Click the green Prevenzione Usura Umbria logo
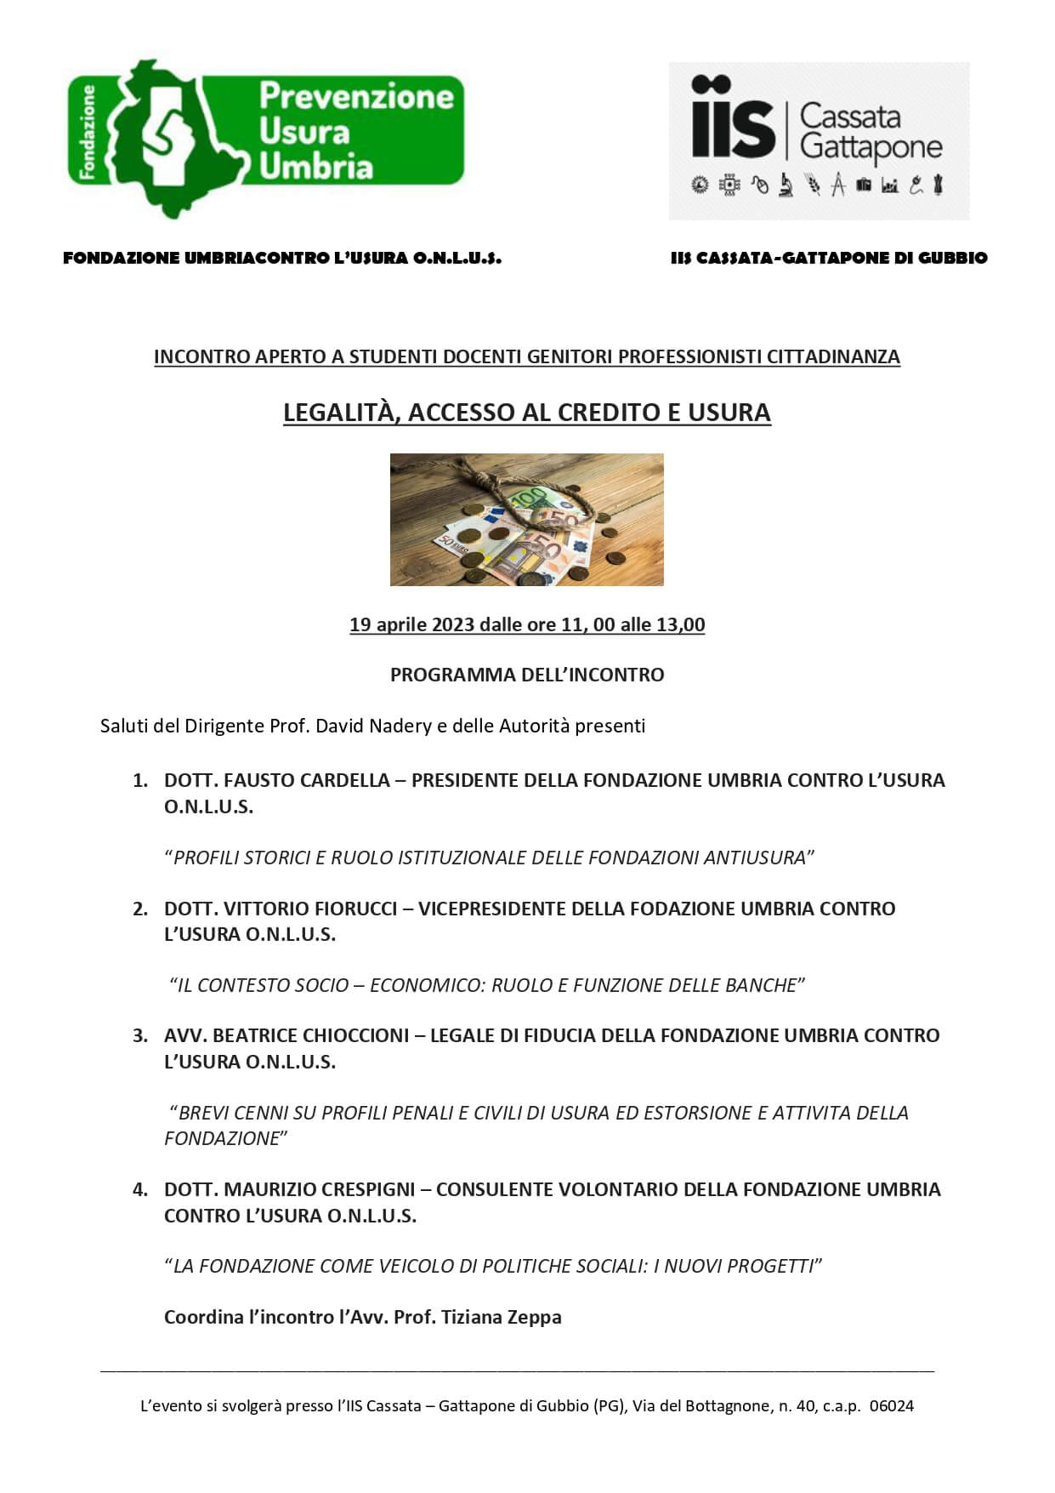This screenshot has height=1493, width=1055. click(x=266, y=136)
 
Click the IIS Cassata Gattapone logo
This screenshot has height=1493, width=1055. click(x=818, y=140)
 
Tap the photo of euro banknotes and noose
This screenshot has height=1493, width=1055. click(x=526, y=519)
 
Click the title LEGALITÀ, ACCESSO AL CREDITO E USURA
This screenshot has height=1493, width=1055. click(x=526, y=413)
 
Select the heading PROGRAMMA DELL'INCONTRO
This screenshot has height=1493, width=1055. click(x=526, y=675)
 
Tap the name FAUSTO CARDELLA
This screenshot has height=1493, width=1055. click(x=306, y=780)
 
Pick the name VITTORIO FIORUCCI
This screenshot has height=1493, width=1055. click(x=310, y=909)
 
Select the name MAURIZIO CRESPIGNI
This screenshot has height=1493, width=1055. click(x=319, y=1189)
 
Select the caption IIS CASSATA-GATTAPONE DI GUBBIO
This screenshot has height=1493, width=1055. click(x=829, y=258)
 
